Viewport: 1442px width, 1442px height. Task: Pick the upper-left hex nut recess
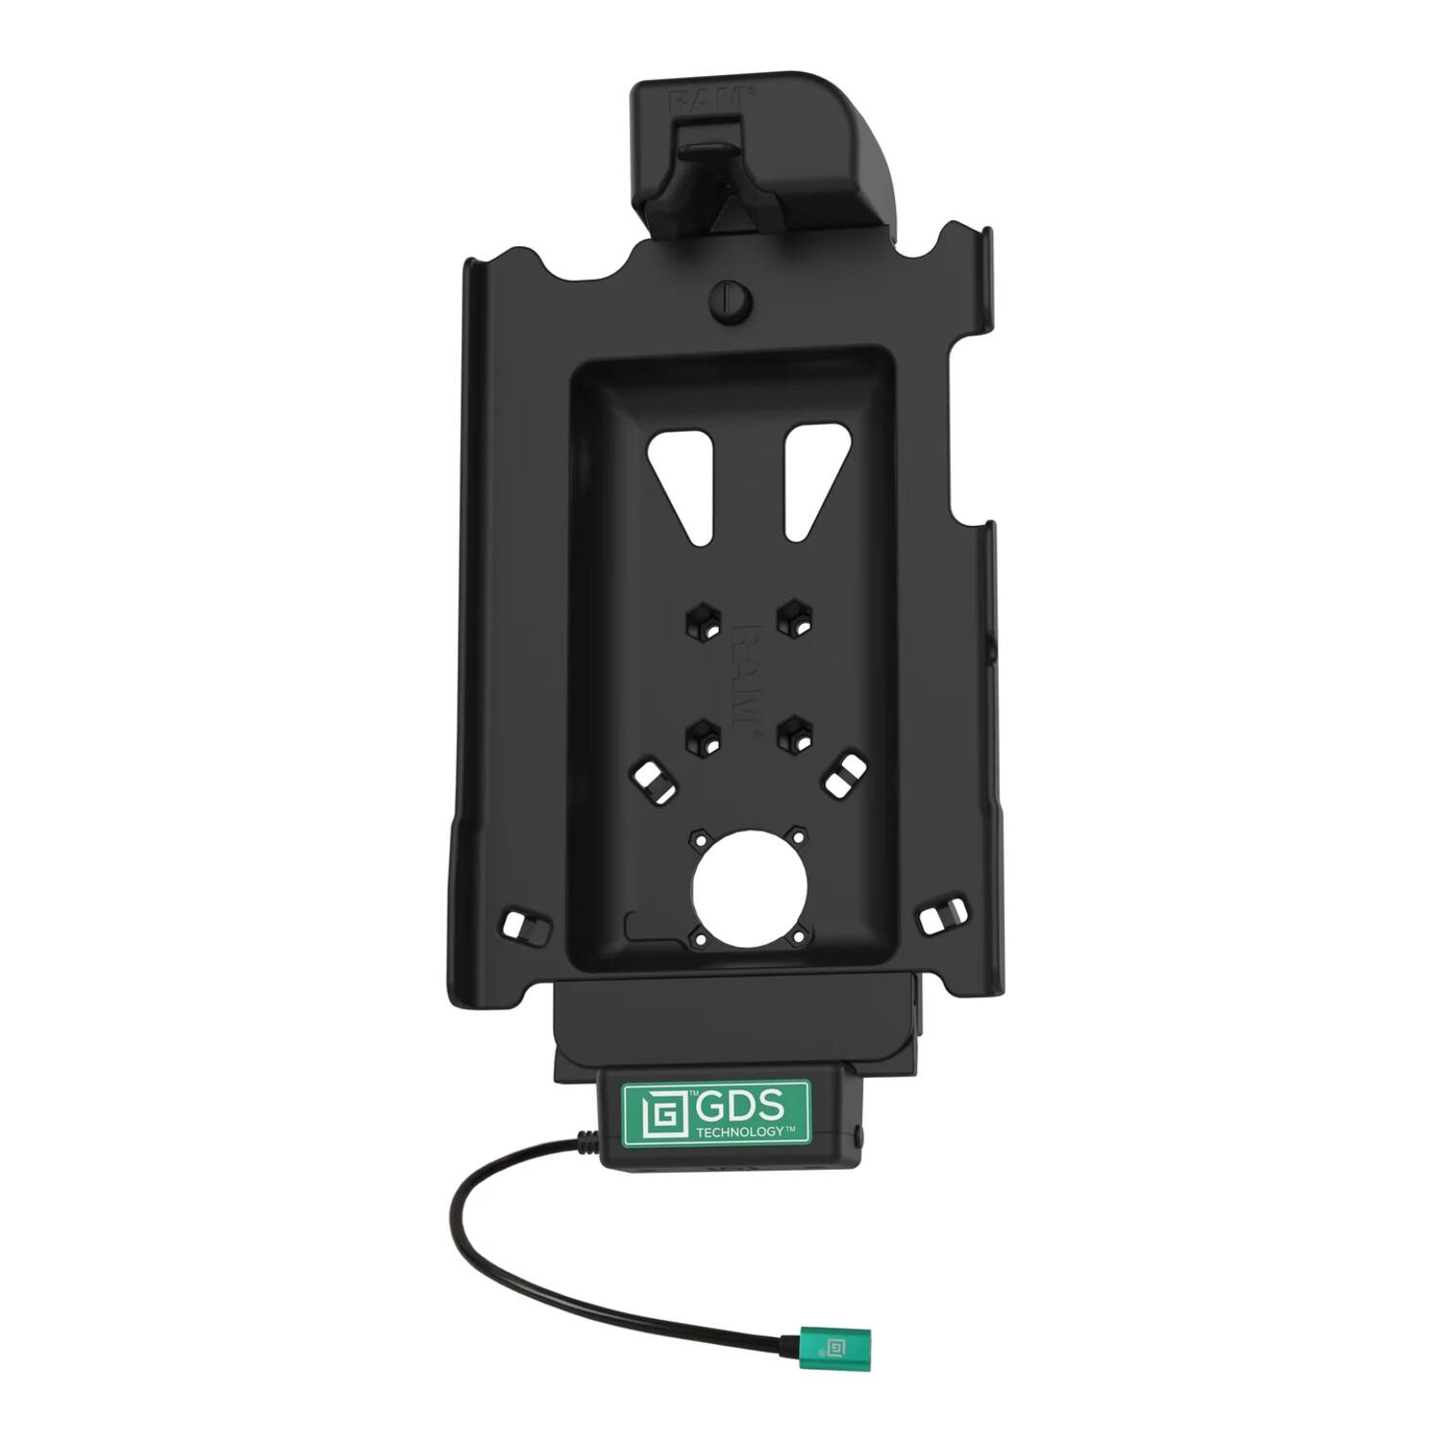tap(701, 619)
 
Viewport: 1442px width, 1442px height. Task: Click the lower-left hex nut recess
tap(701, 736)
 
